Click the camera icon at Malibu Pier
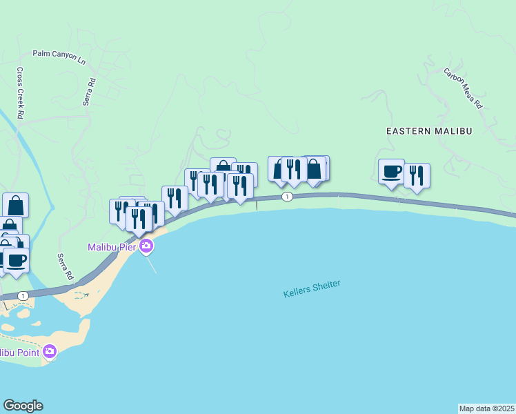point(146,246)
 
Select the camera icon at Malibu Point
point(50,352)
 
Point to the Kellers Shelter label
point(312,288)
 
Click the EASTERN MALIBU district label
point(428,130)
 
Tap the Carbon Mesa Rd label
point(463,89)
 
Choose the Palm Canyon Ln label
point(59,57)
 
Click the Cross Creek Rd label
point(21,92)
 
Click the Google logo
point(23,406)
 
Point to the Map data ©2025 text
point(486,408)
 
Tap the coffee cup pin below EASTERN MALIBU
point(391,172)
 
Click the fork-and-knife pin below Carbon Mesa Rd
point(417,175)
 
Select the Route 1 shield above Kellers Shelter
point(287,197)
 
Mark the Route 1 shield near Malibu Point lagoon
point(23,295)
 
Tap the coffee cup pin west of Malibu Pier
point(16,260)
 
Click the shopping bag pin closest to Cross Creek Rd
point(15,205)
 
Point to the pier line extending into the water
point(152,264)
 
